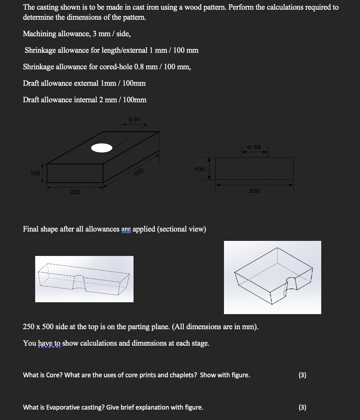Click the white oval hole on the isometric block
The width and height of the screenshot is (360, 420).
(x=102, y=148)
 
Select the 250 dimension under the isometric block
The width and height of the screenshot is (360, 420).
(x=75, y=192)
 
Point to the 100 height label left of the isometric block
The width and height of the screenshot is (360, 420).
(x=35, y=174)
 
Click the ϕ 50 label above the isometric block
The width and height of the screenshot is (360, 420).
(x=134, y=119)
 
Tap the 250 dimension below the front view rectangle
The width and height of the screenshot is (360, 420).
(x=254, y=191)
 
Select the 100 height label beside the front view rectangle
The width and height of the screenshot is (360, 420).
(x=200, y=169)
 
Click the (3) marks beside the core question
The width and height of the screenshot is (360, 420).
(x=303, y=375)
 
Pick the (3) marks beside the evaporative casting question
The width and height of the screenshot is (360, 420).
(x=303, y=407)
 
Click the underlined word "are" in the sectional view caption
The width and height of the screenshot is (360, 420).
(x=126, y=229)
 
